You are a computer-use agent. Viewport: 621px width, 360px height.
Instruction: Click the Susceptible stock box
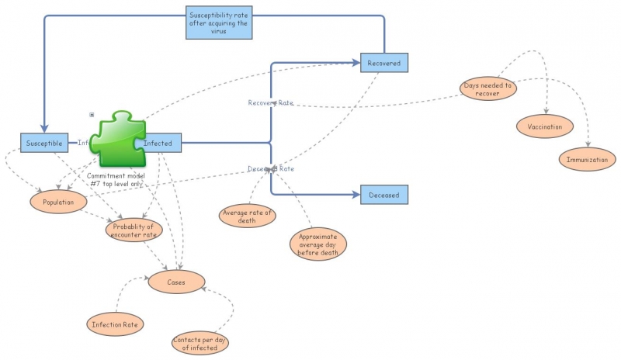point(43,142)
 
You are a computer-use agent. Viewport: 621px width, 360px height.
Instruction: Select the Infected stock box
point(159,142)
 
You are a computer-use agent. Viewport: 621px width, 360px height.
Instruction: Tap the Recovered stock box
point(383,63)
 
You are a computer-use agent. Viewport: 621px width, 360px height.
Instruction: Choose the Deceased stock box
point(383,195)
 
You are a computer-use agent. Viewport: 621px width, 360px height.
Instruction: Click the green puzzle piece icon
point(116,140)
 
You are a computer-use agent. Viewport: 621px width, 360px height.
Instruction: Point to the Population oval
point(57,202)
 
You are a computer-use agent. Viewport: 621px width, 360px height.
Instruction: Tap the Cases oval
point(175,282)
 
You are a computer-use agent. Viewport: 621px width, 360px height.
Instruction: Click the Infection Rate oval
point(116,324)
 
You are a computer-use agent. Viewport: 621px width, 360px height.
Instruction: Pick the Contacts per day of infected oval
point(200,342)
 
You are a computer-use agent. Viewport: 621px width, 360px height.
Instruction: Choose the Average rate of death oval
point(248,215)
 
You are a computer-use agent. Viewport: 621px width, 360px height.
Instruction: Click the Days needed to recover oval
point(488,89)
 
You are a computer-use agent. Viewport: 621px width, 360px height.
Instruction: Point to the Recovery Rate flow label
point(270,103)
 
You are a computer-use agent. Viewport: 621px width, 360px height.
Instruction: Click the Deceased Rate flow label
point(270,168)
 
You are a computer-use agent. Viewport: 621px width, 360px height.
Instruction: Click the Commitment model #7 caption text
point(116,179)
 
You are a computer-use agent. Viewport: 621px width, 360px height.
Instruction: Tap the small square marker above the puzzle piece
point(92,115)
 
